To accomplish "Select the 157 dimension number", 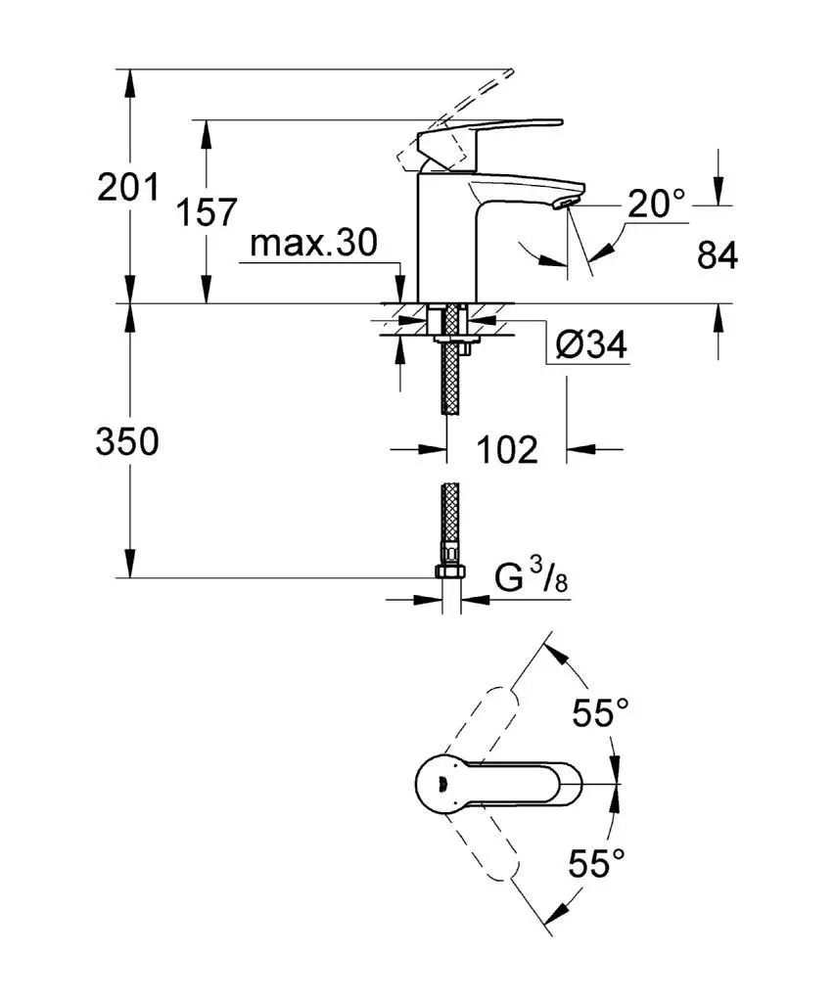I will point(208,211).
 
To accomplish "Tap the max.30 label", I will point(312,243).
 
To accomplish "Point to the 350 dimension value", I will point(127,441).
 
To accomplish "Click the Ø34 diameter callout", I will point(590,345).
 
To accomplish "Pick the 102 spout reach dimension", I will point(507,450).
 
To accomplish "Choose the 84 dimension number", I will point(717,255).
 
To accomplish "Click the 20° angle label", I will point(656,205).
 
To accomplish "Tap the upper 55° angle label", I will point(600,713).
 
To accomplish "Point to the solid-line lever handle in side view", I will point(489,132).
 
